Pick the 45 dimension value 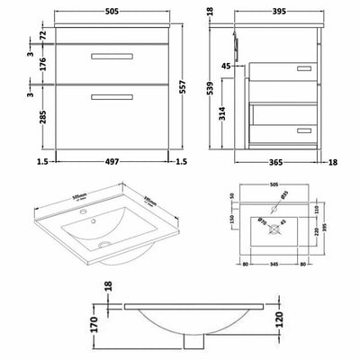(228, 66)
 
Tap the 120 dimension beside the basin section (283, 318)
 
